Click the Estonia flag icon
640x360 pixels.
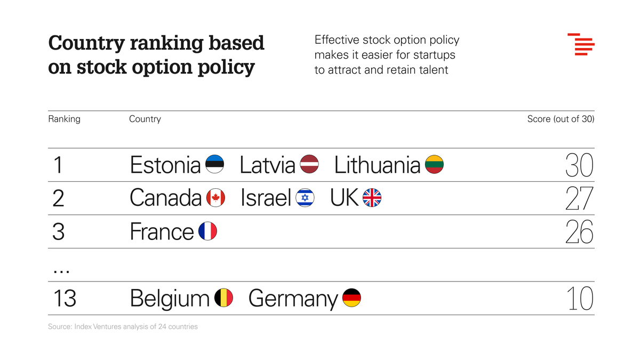(214, 165)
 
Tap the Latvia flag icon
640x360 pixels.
(309, 165)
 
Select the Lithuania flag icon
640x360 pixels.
(434, 165)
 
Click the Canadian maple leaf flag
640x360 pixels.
(215, 198)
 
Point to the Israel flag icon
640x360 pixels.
(305, 198)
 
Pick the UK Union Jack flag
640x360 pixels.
(372, 198)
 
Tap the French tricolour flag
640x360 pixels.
(207, 231)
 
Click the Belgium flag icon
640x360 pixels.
(223, 298)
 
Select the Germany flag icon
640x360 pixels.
(351, 298)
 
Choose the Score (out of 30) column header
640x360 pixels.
(561, 119)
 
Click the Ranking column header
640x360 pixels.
(64, 119)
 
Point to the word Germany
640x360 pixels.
(293, 299)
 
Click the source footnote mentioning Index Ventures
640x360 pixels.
(123, 326)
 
